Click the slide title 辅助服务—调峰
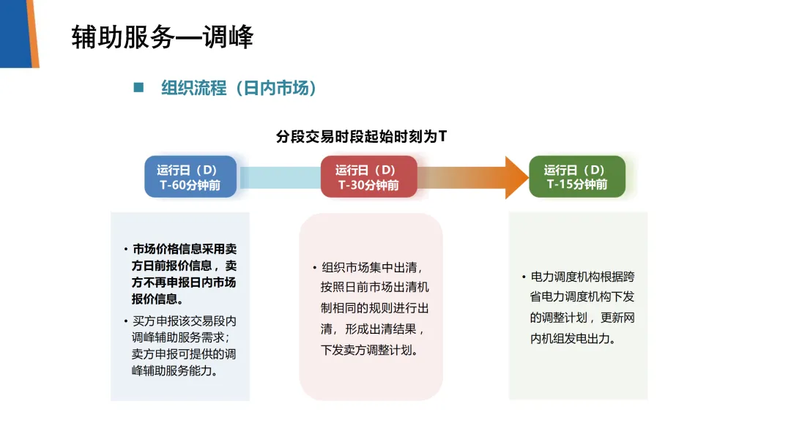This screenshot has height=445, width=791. click(x=163, y=37)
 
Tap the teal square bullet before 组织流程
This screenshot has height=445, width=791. click(x=138, y=88)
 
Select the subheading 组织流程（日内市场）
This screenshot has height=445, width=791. click(x=239, y=89)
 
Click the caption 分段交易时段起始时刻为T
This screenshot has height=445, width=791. click(x=361, y=137)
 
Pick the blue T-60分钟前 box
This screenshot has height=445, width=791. click(x=190, y=176)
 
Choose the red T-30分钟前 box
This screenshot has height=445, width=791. click(x=368, y=176)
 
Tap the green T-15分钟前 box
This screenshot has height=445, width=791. click(x=577, y=176)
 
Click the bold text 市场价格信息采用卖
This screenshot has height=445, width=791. click(x=185, y=248)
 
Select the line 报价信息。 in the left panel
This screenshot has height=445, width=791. click(x=157, y=299)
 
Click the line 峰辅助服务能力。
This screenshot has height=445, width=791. click(x=178, y=370)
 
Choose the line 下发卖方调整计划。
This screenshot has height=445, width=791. click(x=370, y=350)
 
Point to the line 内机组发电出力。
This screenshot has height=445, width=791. click(x=572, y=339)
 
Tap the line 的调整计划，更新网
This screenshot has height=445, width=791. click(x=582, y=318)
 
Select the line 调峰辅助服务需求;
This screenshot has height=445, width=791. click(x=181, y=338)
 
